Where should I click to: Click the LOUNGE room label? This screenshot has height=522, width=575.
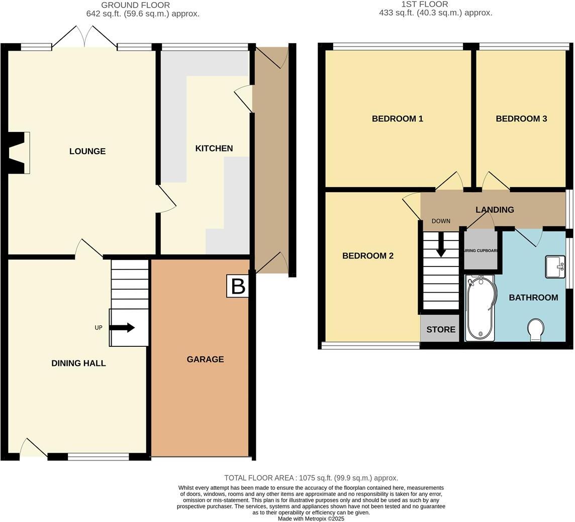[x=87, y=151]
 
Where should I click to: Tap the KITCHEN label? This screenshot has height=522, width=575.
[x=214, y=148]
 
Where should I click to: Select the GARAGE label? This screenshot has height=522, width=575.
[x=205, y=359]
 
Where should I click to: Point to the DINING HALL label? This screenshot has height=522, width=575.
[x=78, y=363]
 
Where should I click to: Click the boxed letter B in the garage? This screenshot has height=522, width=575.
[x=238, y=286]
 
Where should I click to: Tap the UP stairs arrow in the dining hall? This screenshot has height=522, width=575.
[x=122, y=328]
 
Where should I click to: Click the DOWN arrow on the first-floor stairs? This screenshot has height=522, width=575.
[x=441, y=247]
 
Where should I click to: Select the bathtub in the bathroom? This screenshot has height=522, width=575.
[x=481, y=308]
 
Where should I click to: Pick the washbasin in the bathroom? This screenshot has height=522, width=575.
[x=555, y=267]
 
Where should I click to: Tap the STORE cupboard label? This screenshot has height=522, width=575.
[x=440, y=329]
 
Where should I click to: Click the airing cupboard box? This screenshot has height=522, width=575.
[x=481, y=250]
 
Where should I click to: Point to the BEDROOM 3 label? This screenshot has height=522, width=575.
[x=521, y=118]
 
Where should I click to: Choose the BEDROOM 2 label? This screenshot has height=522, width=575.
[x=367, y=255]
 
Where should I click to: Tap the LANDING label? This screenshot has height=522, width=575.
[x=495, y=210]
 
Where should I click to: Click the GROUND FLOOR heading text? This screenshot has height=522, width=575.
[x=135, y=5]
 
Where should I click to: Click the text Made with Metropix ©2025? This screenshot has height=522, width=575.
[x=311, y=518]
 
